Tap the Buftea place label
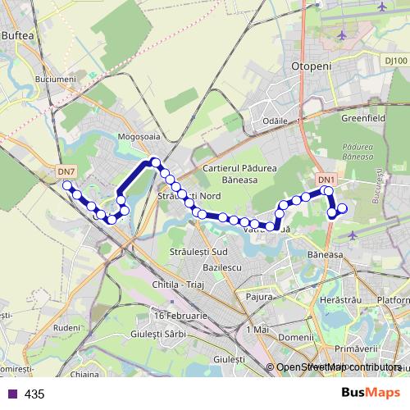pos(19,36)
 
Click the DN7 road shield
pos(67,171)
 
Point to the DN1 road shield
pos(326,180)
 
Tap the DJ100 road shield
pos(395,61)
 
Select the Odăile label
pos(274,120)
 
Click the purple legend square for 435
pos(12,394)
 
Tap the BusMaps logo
pos(366,394)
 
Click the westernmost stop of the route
pos(67,186)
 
